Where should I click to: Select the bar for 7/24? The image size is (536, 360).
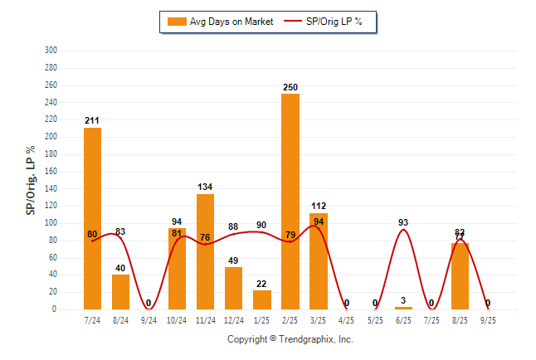pyautogui.click(x=92, y=218)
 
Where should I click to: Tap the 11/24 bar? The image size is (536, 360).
pyautogui.click(x=205, y=251)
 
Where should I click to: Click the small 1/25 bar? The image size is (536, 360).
pyautogui.click(x=261, y=299)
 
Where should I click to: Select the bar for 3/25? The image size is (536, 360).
pyautogui.click(x=319, y=261)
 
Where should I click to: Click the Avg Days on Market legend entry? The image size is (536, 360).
pyautogui.click(x=220, y=21)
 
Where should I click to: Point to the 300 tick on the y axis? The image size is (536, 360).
pyautogui.click(x=50, y=51)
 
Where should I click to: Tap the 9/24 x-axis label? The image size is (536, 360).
pyautogui.click(x=149, y=319)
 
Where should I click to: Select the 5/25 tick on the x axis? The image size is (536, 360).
pyautogui.click(x=375, y=319)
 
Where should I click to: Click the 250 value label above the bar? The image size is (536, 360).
pyautogui.click(x=290, y=87)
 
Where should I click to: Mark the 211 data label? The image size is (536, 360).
pyautogui.click(x=92, y=121)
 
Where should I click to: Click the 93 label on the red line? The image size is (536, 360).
pyautogui.click(x=404, y=221)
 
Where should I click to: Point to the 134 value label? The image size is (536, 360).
pyautogui.click(x=205, y=187)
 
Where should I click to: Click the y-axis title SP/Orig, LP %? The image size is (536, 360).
pyautogui.click(x=31, y=180)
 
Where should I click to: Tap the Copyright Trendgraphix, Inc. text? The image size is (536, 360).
pyautogui.click(x=290, y=339)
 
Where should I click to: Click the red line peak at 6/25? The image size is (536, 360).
pyautogui.click(x=404, y=230)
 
